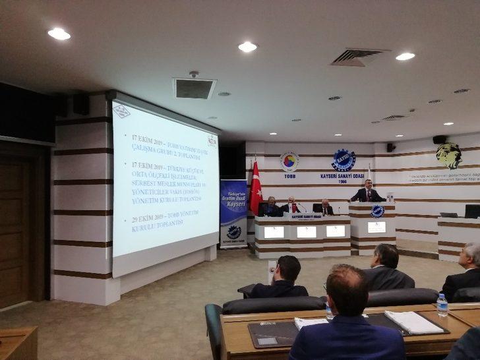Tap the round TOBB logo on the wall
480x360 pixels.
289,162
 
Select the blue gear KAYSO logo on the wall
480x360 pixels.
344,160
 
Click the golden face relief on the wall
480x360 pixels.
448,156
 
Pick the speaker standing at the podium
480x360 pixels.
368,193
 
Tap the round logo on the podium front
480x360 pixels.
377,212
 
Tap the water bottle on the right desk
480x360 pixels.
442,305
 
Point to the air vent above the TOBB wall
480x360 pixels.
359,57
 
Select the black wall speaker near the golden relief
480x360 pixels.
439,139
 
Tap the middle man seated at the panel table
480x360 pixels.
291,205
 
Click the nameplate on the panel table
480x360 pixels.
306,216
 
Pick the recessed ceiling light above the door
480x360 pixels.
59,33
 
